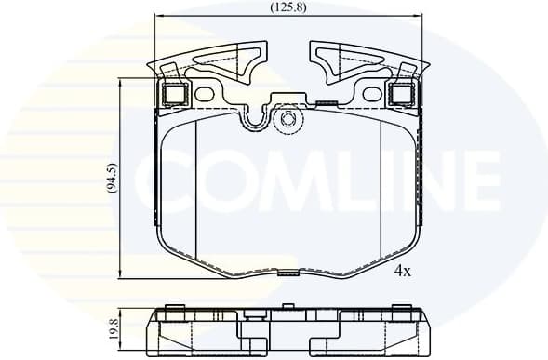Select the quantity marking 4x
coord(402,272)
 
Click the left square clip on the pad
coord(174,93)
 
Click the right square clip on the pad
coord(403,93)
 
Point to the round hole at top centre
coord(287,118)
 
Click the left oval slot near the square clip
coord(204,93)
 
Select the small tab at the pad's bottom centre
coord(289,273)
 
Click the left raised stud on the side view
coord(174,308)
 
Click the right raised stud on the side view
coord(403,308)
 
